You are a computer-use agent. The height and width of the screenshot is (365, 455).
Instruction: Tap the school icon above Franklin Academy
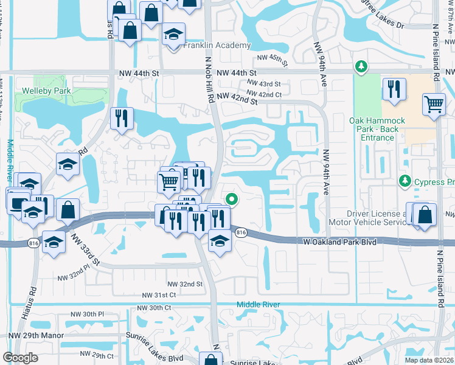click(x=174, y=34)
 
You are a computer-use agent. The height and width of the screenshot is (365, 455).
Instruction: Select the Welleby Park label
click(x=46, y=91)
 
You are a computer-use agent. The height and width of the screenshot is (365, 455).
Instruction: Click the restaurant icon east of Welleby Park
click(x=122, y=117)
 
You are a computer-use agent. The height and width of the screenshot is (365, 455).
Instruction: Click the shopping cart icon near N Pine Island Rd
click(x=434, y=104)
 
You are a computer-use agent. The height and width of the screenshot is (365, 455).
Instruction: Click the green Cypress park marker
click(x=404, y=181)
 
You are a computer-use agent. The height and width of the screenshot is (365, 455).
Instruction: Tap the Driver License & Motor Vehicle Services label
click(x=376, y=218)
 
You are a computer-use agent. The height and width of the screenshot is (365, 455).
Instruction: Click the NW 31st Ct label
click(x=159, y=295)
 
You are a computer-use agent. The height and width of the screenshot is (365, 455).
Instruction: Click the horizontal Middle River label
click(x=260, y=304)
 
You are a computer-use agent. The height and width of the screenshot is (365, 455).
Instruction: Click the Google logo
click(x=20, y=357)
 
